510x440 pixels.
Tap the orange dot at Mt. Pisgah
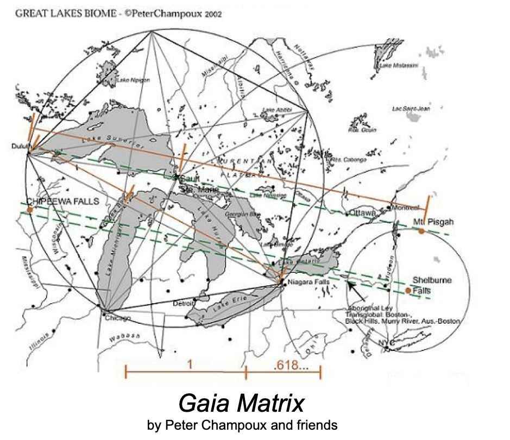coord(421,231)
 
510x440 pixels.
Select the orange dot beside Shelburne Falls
coord(408,291)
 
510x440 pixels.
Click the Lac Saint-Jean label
coord(411,109)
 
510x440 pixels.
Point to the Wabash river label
coord(124,337)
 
